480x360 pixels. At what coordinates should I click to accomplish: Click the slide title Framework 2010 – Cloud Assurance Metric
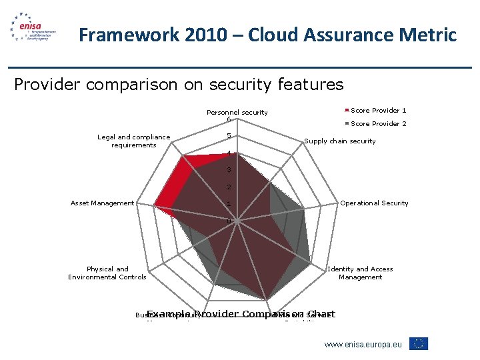click(x=267, y=35)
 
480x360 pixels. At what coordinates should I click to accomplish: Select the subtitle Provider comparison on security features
click(x=179, y=85)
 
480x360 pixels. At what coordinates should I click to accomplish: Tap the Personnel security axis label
click(x=237, y=113)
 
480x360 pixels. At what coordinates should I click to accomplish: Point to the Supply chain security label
click(x=340, y=141)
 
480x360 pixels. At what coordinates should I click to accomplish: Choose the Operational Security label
click(x=374, y=203)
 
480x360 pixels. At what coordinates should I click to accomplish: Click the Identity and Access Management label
click(x=360, y=273)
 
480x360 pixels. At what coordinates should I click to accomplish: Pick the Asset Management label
click(x=102, y=203)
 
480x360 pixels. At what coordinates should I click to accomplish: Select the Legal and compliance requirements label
click(x=133, y=141)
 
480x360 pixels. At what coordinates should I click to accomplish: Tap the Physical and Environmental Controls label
click(x=107, y=273)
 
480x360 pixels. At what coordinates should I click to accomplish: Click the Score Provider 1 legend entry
click(x=378, y=111)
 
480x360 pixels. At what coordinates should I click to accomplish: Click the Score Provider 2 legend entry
click(x=378, y=124)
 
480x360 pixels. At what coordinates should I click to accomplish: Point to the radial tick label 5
click(x=228, y=137)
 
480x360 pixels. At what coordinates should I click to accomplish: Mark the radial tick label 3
click(x=228, y=170)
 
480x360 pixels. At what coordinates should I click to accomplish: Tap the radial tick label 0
click(x=228, y=221)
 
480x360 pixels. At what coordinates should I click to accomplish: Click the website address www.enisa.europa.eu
click(x=363, y=344)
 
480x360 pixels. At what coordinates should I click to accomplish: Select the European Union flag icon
click(x=419, y=344)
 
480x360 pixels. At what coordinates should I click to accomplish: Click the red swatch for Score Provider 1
click(x=347, y=111)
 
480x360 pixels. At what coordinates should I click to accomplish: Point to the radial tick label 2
click(x=228, y=187)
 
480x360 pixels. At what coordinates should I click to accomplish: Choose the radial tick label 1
click(x=228, y=204)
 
